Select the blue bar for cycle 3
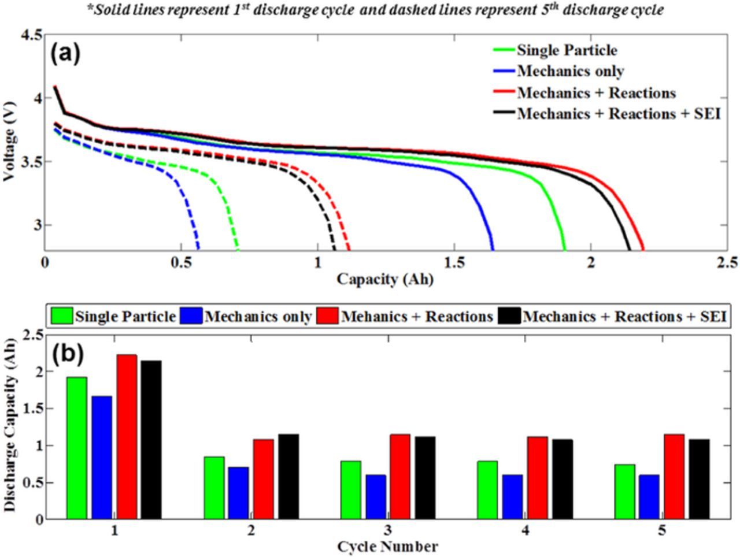point(376,497)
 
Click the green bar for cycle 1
point(77,448)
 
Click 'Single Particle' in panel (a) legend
point(567,50)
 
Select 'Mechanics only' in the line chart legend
point(570,71)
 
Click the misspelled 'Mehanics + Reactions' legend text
point(417,317)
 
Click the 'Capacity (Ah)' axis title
point(385,279)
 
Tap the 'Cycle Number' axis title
point(387,546)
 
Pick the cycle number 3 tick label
point(387,530)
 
